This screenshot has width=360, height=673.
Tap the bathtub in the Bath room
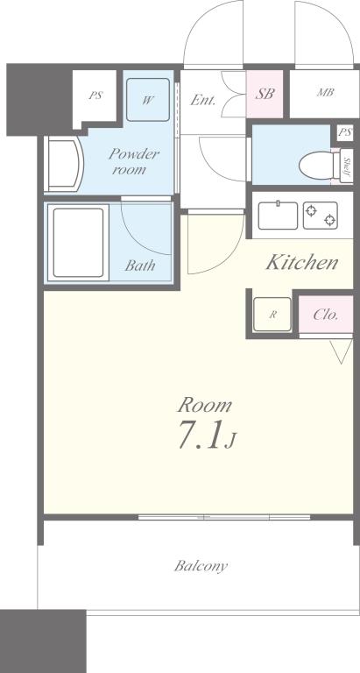coord(78,241)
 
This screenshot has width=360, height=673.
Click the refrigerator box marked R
coord(272,313)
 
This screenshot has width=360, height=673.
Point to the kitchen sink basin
coord(277,214)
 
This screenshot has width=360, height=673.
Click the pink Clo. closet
coord(326,313)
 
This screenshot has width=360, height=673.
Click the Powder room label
coord(133,161)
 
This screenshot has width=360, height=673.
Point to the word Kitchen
coord(302,262)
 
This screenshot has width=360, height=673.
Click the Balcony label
coord(201,566)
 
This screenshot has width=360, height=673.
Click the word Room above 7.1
coord(205,405)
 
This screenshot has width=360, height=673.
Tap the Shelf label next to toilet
coord(348,165)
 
